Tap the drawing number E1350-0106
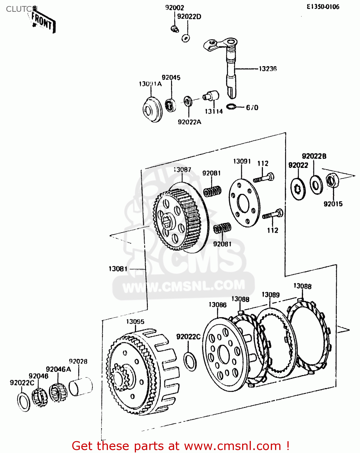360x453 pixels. [323, 7]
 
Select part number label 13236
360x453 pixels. [268, 69]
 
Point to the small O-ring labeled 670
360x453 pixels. [231, 107]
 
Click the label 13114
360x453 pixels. [214, 111]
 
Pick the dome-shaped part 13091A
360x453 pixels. [152, 109]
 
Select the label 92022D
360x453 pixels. [189, 17]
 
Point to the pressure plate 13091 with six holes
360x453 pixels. [244, 203]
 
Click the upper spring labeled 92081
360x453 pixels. [212, 191]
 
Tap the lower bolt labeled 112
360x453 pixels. [273, 214]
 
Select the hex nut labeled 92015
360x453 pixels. [332, 181]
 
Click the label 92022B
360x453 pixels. [314, 156]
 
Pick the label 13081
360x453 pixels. [118, 269]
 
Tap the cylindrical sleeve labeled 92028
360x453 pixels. [80, 386]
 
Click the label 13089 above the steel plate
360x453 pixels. [271, 295]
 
